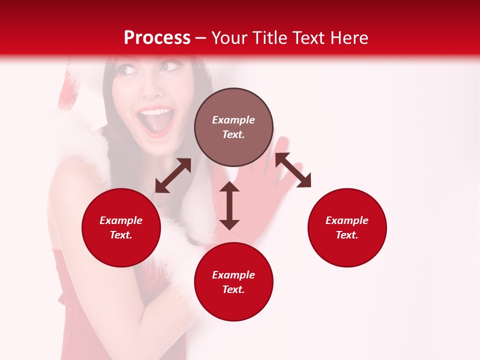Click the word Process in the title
pyautogui.click(x=157, y=37)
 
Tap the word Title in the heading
pyautogui.click(x=270, y=37)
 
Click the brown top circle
pyautogui.click(x=233, y=127)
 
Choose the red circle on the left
pyautogui.click(x=121, y=227)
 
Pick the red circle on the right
pyautogui.click(x=347, y=227)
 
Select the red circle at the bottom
pyautogui.click(x=233, y=282)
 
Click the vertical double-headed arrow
pyautogui.click(x=229, y=205)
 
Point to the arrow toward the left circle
pyautogui.click(x=173, y=175)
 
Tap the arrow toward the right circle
pyautogui.click(x=293, y=170)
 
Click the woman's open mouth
pyautogui.click(x=156, y=121)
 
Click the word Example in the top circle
pyautogui.click(x=233, y=120)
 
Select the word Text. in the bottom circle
pyautogui.click(x=233, y=289)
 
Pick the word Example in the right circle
pyautogui.click(x=347, y=220)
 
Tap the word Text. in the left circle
pyautogui.click(x=121, y=235)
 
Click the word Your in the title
pyautogui.click(x=230, y=37)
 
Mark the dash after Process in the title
pyautogui.click(x=201, y=38)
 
